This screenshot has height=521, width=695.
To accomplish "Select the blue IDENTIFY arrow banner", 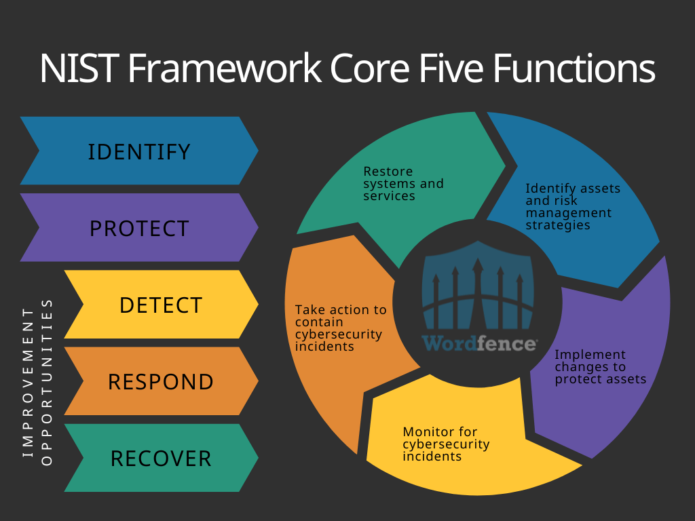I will click(x=139, y=151).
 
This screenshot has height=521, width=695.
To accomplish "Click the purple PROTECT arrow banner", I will click(x=139, y=228).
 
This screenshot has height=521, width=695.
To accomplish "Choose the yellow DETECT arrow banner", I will click(x=161, y=305).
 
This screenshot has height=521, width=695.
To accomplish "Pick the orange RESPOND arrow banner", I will click(x=161, y=381).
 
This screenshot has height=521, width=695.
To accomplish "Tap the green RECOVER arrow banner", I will click(x=161, y=458).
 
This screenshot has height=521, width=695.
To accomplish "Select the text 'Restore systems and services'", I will click(x=403, y=183).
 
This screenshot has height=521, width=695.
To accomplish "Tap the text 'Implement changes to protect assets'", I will click(x=600, y=367).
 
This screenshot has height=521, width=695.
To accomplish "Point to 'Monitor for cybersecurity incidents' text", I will click(x=446, y=444).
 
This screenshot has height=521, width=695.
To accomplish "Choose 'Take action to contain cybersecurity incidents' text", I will click(x=340, y=328).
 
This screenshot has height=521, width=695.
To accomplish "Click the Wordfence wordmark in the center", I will click(x=478, y=343).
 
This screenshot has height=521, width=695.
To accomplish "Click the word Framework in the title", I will click(x=225, y=69).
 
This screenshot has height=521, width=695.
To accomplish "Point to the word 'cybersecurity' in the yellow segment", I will click(x=446, y=444).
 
